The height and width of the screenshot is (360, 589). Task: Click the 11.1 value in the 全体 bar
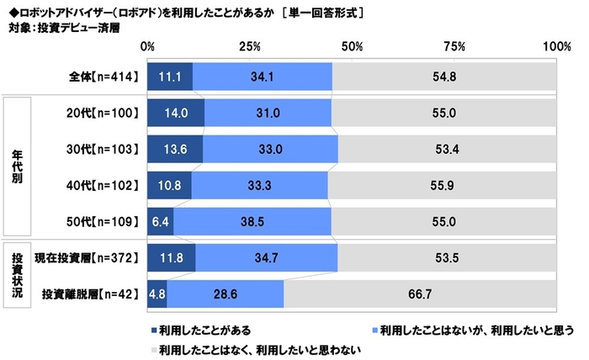pos(169,76)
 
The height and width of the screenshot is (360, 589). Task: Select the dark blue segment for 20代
pos(175,112)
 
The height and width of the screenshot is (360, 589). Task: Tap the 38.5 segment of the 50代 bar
pos(252,222)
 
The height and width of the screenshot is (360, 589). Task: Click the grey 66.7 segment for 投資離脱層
pos(419,295)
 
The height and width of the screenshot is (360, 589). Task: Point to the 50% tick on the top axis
pos(353,45)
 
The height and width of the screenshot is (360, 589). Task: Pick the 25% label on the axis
pos(250,45)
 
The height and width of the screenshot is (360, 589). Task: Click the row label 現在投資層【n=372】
pos(85,259)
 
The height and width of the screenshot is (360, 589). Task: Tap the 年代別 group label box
pos(17,167)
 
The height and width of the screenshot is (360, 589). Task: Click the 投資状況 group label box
pos(17,277)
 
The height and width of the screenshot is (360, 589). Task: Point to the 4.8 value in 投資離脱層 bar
pos(157,295)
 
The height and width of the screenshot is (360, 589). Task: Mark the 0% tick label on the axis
pos(147,45)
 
